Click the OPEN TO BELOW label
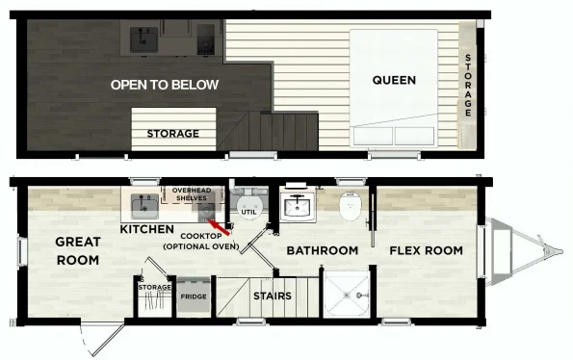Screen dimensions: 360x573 click(x=165, y=85)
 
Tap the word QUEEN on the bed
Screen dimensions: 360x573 click(x=395, y=80)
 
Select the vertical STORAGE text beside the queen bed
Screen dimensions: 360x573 click(x=468, y=85)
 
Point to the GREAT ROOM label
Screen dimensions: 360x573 click(x=79, y=249)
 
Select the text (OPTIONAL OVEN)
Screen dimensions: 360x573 click(x=201, y=247)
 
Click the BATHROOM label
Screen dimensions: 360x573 click(x=323, y=250)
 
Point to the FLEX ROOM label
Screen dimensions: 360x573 click(x=426, y=250)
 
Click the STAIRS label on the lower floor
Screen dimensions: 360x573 click(x=273, y=296)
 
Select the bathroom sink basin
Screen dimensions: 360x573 click(x=299, y=206)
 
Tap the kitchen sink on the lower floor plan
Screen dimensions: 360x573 click(x=145, y=205)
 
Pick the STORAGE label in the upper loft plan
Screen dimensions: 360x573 click(x=173, y=134)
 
